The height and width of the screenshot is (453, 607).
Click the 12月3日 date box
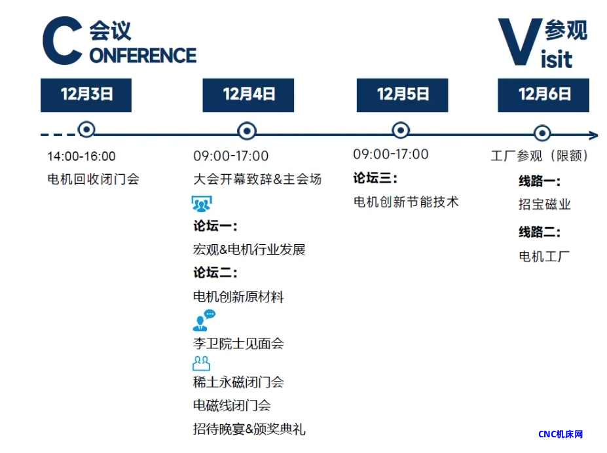(86, 95)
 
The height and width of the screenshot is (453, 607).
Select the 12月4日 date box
(248, 95)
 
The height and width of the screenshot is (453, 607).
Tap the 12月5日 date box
(402, 95)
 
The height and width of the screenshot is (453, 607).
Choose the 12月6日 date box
(543, 95)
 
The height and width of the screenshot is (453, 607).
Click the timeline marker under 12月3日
(86, 129)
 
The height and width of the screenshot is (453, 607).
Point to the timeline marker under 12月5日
(401, 130)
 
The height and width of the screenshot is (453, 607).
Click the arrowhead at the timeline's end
(594, 135)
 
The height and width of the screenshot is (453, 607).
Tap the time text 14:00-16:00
(81, 156)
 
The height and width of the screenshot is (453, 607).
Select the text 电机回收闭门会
(93, 179)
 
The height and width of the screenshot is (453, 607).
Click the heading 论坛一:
(215, 226)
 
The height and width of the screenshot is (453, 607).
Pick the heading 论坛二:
(215, 273)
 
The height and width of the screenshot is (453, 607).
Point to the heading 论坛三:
(375, 178)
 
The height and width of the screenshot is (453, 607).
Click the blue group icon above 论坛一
(202, 204)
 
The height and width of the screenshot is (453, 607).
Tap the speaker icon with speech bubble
(204, 321)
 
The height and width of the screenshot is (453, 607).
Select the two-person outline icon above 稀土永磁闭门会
(201, 363)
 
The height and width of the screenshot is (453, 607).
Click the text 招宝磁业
(545, 204)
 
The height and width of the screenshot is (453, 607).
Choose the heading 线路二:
(540, 232)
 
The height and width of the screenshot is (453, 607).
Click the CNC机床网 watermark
(561, 435)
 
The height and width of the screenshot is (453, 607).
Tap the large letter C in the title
(63, 41)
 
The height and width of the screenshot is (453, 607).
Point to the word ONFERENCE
(143, 56)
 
